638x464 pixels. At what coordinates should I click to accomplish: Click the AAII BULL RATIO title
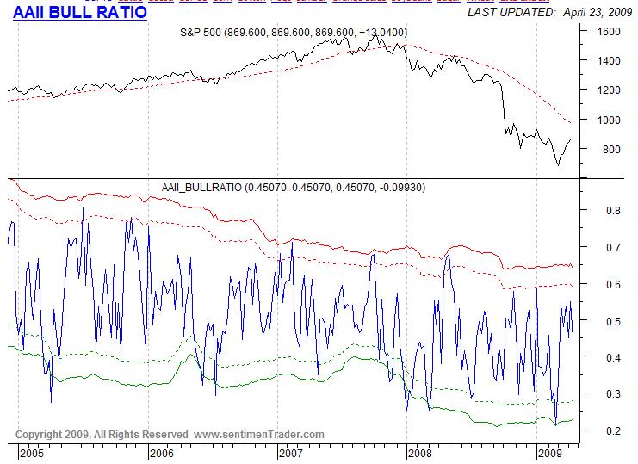79,13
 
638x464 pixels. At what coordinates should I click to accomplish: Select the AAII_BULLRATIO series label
293,187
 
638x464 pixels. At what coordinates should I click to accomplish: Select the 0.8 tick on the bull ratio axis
612,211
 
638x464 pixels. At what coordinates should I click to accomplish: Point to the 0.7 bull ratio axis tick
612,248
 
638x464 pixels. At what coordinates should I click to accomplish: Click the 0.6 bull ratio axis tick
612,284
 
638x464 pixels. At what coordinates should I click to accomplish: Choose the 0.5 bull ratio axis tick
612,321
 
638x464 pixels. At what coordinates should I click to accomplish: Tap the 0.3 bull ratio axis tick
612,394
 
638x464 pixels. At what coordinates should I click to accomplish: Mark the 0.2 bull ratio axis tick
612,430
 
